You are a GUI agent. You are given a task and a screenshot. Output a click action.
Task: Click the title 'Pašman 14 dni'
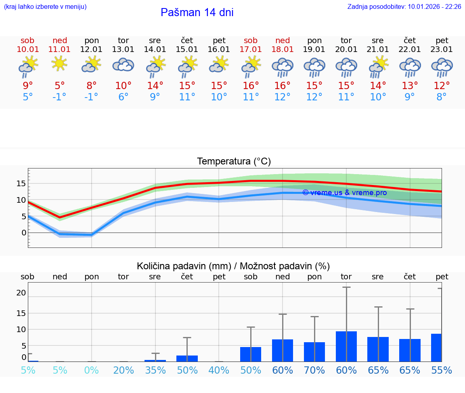click(197, 12)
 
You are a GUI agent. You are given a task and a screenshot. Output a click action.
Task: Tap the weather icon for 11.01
click(59, 64)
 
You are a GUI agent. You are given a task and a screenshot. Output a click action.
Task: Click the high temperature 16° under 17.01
click(251, 85)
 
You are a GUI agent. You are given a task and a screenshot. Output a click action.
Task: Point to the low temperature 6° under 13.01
click(123, 97)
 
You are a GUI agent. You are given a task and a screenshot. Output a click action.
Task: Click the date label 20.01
click(346, 49)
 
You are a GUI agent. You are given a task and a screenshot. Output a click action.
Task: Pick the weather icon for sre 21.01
click(378, 67)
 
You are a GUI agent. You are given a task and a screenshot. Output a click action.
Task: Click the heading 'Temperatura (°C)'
click(234, 161)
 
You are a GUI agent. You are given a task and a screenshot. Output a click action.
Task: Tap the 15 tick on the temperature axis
click(21, 183)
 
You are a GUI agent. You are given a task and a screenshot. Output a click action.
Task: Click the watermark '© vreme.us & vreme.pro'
click(344, 193)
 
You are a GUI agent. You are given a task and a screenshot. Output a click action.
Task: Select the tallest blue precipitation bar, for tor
click(346, 346)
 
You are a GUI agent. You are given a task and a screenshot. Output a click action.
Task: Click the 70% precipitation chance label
click(314, 370)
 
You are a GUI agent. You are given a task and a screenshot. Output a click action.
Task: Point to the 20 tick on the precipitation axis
click(21, 293)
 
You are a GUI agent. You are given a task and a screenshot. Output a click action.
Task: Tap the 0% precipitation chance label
click(92, 370)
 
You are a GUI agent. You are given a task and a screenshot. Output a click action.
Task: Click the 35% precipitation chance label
click(155, 370)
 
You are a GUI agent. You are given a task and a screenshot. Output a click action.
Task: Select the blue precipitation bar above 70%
click(314, 351)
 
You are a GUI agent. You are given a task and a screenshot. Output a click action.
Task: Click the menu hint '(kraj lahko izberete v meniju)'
click(45, 7)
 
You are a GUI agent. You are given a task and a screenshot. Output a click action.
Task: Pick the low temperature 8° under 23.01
click(442, 97)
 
